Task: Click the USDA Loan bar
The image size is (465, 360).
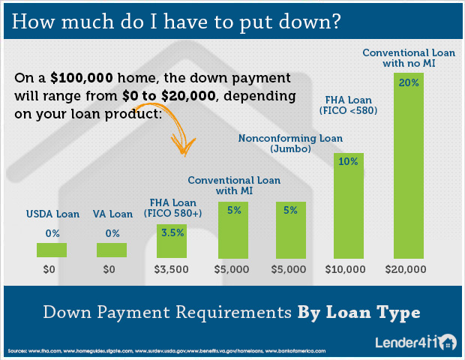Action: click(52, 250)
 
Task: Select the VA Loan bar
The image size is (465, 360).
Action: click(112, 250)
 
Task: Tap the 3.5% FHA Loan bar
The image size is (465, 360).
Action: click(172, 241)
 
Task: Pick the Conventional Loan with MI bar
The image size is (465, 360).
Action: click(233, 230)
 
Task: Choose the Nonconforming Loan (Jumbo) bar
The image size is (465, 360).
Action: click(291, 230)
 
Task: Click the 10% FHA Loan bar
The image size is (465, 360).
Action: click(349, 205)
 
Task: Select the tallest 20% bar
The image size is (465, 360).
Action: click(409, 166)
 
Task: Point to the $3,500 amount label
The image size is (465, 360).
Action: click(172, 269)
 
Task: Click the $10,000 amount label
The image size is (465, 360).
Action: click(345, 269)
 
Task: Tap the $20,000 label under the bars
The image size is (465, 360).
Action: click(406, 269)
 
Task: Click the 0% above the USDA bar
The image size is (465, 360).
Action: click(52, 234)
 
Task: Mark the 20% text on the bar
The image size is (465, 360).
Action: click(409, 82)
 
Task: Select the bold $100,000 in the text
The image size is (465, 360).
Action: click(82, 78)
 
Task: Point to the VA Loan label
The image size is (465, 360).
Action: click(112, 214)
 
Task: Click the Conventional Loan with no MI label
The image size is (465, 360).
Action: click(409, 58)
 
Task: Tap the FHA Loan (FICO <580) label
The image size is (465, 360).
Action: click(349, 105)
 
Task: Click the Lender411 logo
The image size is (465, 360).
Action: click(415, 342)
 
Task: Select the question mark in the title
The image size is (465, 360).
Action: click(336, 22)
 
